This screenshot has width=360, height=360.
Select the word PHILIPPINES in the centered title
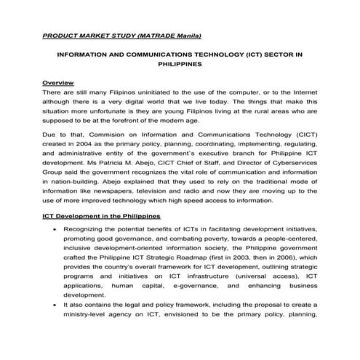180,64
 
